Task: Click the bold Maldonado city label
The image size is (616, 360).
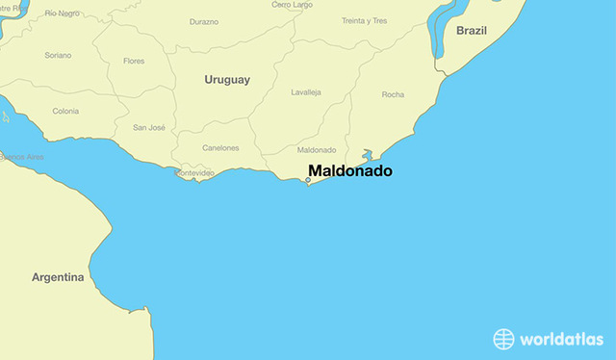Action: coord(350,171)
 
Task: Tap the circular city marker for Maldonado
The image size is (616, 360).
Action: coord(308,179)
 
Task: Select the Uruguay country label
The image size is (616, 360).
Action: coord(227,80)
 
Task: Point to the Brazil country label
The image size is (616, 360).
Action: coord(472,31)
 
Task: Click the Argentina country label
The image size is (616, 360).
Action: coord(58,277)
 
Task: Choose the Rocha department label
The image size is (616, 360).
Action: coord(393,94)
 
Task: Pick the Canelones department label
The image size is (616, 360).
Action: coord(220,147)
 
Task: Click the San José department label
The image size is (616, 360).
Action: coord(150,127)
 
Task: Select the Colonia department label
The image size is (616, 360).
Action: coord(65,111)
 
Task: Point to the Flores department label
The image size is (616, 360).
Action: coord(134,61)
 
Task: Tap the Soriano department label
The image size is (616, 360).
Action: coord(58,55)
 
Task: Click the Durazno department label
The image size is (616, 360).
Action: coord(204,21)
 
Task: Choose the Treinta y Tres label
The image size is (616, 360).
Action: coord(364,21)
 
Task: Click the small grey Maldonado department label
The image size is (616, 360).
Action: coord(317,150)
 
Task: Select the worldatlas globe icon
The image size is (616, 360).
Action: coord(504,338)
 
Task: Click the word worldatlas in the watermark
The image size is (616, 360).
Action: coord(562,339)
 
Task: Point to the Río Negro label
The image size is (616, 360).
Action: coord(63,13)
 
